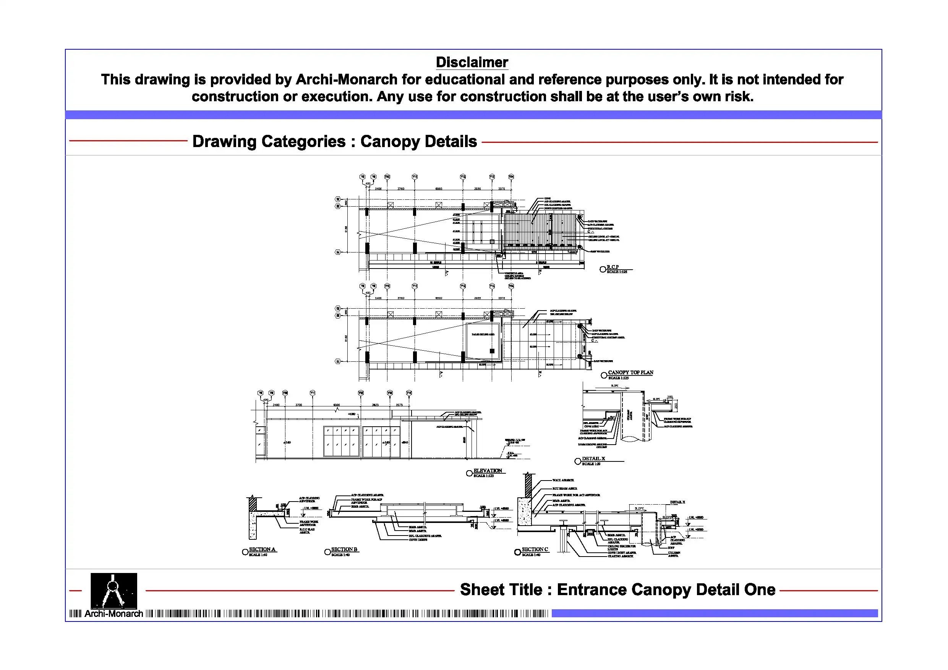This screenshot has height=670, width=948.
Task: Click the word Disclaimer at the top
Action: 472,62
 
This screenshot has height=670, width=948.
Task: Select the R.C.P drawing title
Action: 613,267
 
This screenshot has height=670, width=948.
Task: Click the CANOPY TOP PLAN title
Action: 630,372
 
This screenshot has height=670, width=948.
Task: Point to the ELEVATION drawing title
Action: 488,471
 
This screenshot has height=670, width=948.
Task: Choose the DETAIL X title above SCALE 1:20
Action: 593,459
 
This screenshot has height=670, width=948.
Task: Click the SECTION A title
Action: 262,549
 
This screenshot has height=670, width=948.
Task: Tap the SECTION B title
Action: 344,549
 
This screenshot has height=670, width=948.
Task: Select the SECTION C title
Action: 535,549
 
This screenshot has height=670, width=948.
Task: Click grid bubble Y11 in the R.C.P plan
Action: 415,177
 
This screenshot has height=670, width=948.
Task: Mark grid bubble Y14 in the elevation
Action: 409,393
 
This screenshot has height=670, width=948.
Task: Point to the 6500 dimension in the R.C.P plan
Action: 439,189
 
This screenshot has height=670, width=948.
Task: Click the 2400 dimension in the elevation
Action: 276,405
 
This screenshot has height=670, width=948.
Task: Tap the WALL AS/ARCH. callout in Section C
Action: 563,480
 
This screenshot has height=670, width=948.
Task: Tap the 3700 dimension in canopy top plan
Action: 400,298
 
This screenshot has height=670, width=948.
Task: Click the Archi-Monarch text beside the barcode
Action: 113,614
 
